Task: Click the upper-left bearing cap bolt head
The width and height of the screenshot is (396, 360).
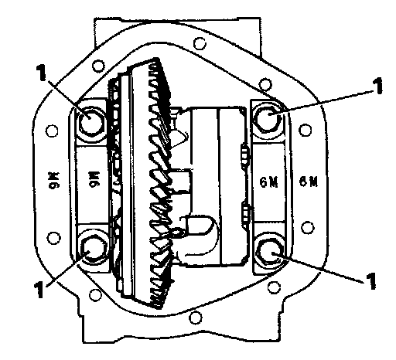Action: (x=91, y=121)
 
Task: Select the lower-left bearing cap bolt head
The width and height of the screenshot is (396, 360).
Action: (x=94, y=249)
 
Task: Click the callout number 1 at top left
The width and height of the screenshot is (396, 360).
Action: (x=41, y=72)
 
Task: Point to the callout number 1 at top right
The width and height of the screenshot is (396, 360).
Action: (x=378, y=86)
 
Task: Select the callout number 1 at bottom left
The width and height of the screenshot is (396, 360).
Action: (x=39, y=290)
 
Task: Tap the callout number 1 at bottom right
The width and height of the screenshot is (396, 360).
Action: (x=370, y=280)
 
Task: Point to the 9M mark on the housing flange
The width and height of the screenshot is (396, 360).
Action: (x=54, y=181)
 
